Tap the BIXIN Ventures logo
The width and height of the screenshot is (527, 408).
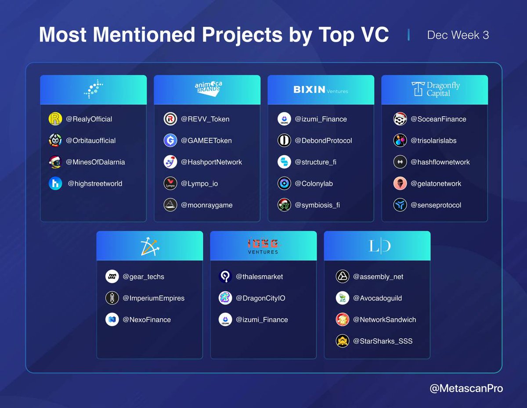pyautogui.click(x=321, y=90)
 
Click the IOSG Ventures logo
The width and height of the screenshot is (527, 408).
pyautogui.click(x=263, y=246)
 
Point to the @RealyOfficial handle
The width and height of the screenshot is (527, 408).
pyautogui.click(x=89, y=119)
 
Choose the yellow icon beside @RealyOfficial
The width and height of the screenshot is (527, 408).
pyautogui.click(x=55, y=119)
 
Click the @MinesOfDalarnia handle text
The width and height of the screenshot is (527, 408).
pyautogui.click(x=95, y=162)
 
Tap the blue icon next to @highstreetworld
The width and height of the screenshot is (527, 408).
pyautogui.click(x=55, y=183)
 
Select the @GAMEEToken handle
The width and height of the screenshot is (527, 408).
pyautogui.click(x=206, y=140)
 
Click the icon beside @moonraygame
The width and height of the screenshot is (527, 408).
pyautogui.click(x=170, y=205)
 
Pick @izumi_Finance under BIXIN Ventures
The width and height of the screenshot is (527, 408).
pyautogui.click(x=321, y=119)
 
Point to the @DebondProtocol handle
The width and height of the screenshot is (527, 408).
pyautogui.click(x=323, y=140)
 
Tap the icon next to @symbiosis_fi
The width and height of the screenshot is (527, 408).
pyautogui.click(x=284, y=205)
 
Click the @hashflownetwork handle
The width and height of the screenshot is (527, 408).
pyautogui.click(x=440, y=162)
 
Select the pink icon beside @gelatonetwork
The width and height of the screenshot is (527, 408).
pyautogui.click(x=400, y=183)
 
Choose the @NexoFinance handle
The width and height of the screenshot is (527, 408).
pyautogui.click(x=147, y=319)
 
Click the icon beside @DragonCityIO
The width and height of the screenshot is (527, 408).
pyautogui.click(x=225, y=298)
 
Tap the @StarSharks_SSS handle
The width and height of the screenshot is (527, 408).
pyautogui.click(x=383, y=341)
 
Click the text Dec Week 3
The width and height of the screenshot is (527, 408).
pyautogui.click(x=458, y=35)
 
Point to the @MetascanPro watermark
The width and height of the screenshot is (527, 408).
pyautogui.click(x=466, y=388)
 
